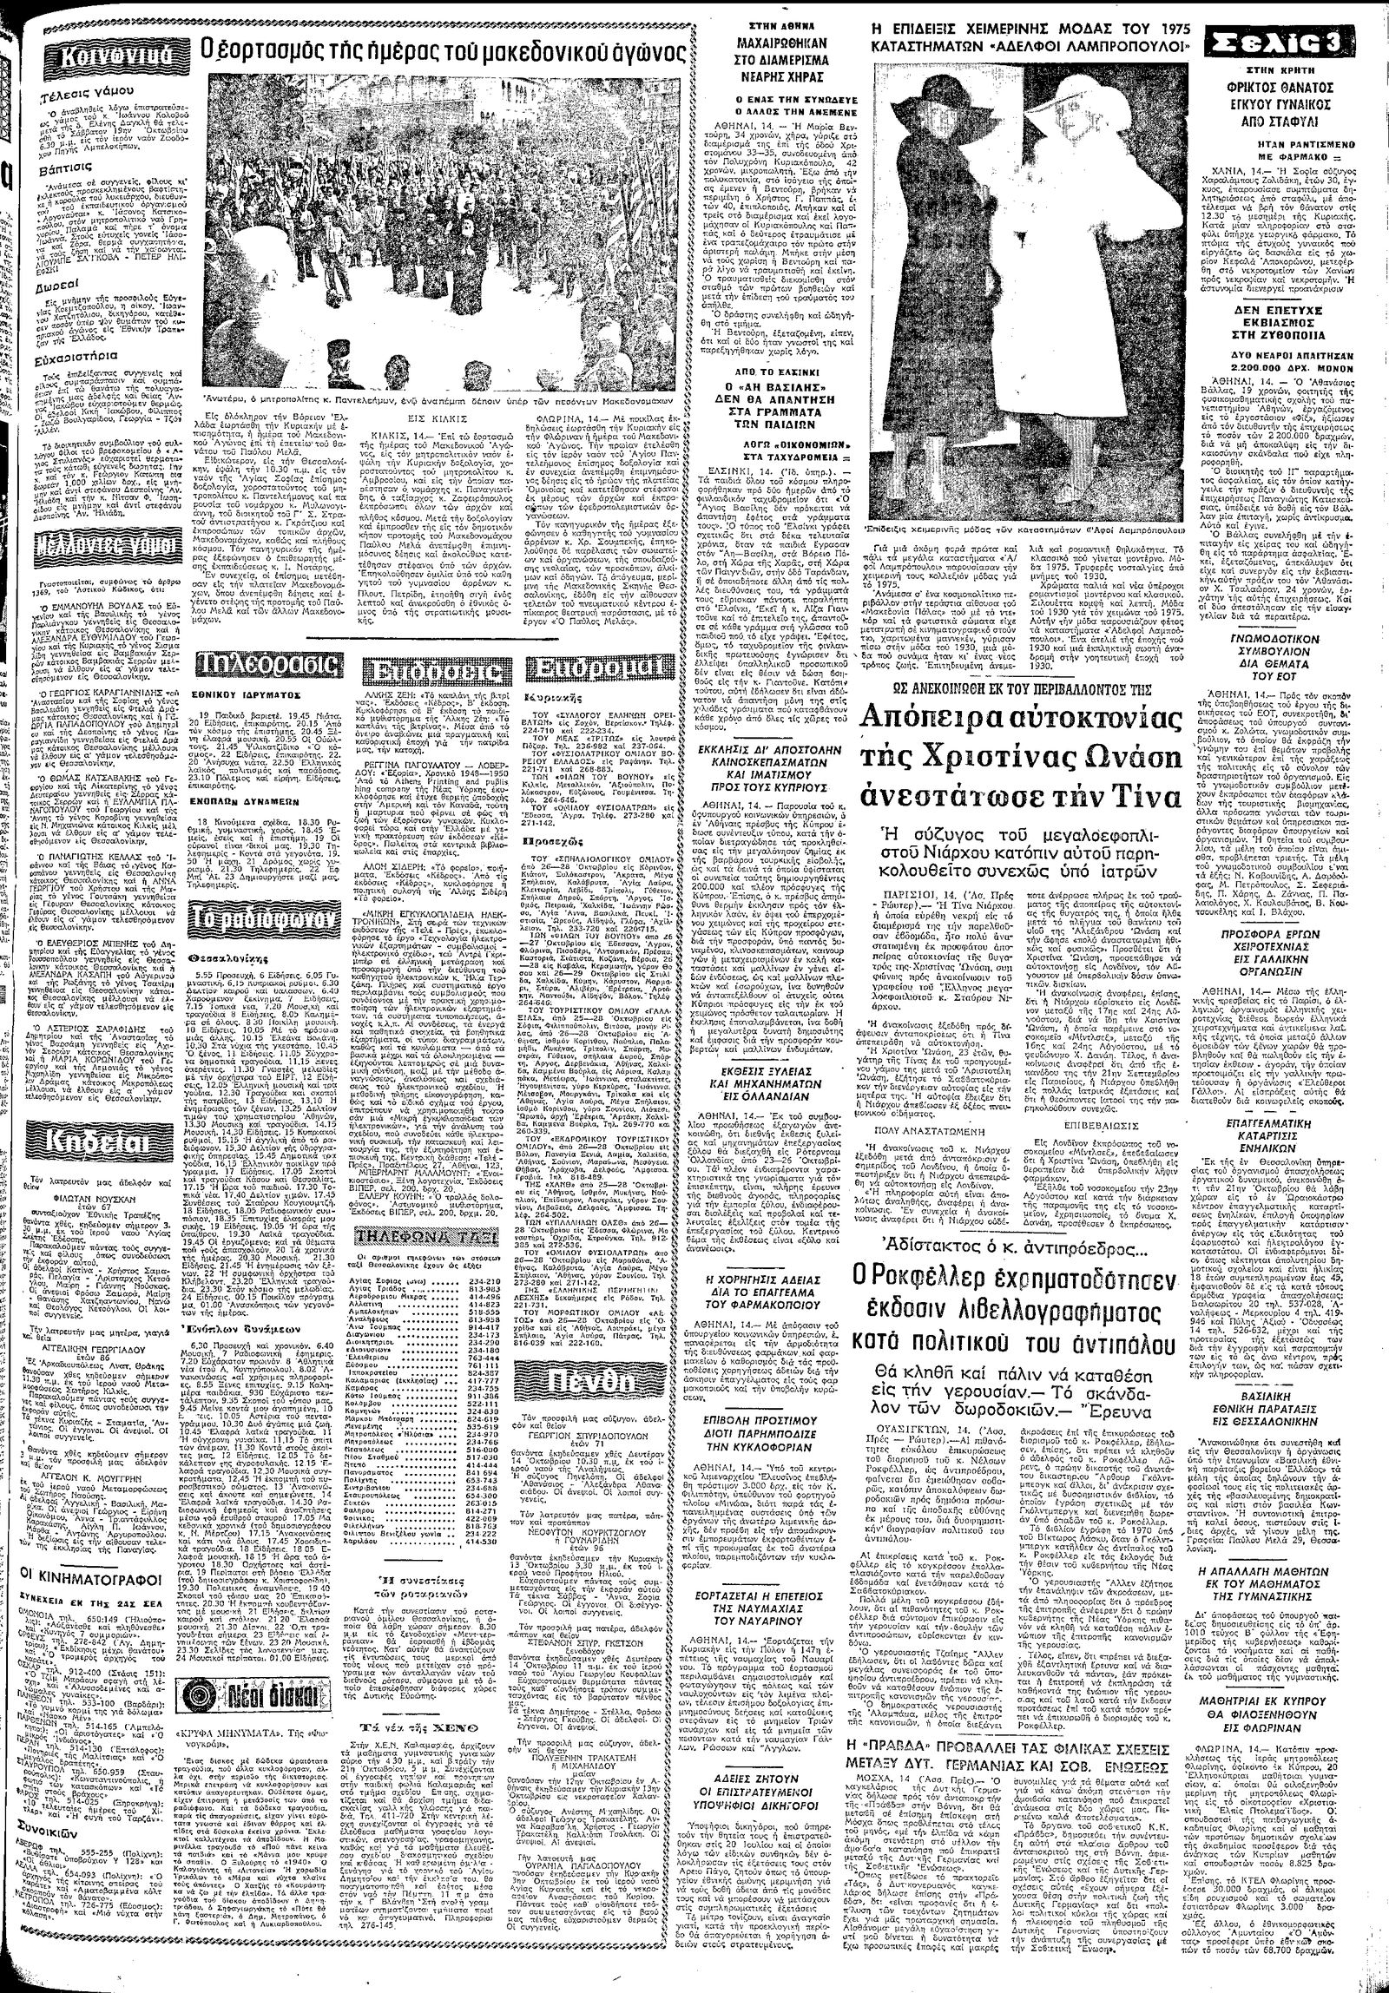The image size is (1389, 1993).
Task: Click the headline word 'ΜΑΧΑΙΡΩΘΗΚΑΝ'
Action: tap(776, 40)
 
